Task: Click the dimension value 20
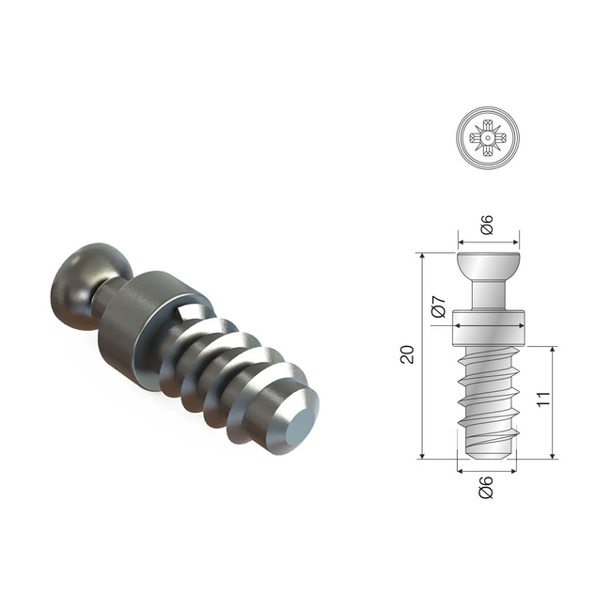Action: (x=407, y=355)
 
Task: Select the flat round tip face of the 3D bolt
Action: (x=294, y=427)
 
